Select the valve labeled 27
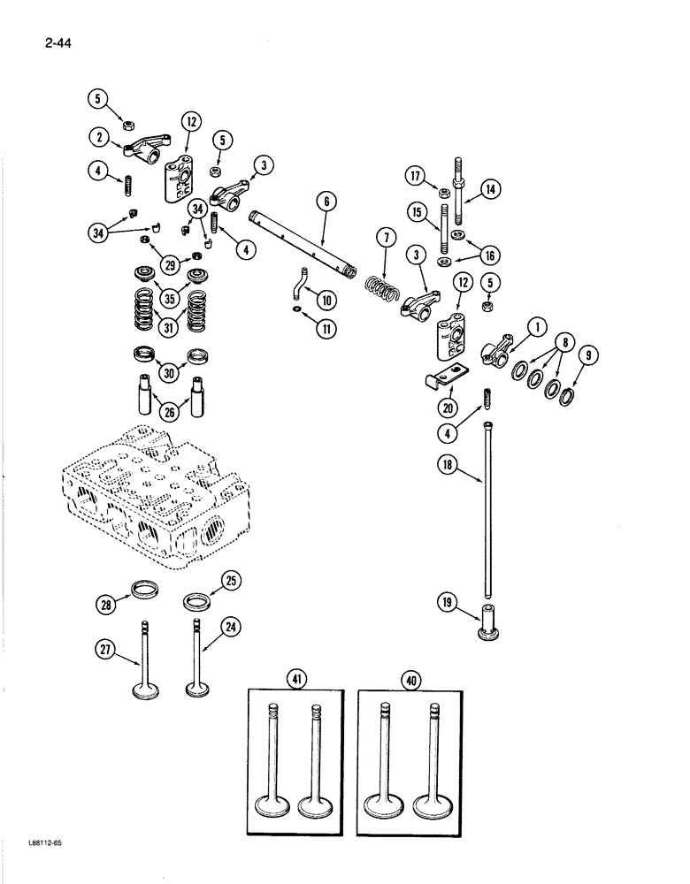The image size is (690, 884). coord(141,663)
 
